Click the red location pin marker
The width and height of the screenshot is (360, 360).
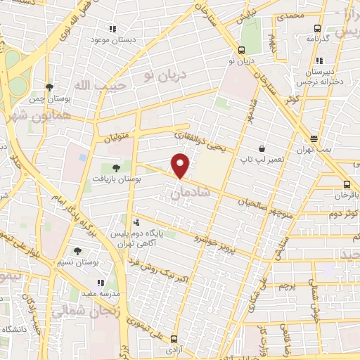click(181, 165)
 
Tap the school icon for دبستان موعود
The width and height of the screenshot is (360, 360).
click(112, 29)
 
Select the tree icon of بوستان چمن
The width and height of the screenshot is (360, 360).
click(49, 87)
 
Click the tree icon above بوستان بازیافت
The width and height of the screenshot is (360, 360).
click(116, 167)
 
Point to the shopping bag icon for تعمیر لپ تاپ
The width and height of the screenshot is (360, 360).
click(262, 149)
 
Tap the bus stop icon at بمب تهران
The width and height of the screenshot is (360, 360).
click(314, 139)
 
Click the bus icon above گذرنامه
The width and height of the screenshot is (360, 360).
click(317, 29)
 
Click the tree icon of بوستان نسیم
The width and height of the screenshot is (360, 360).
click(77, 250)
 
